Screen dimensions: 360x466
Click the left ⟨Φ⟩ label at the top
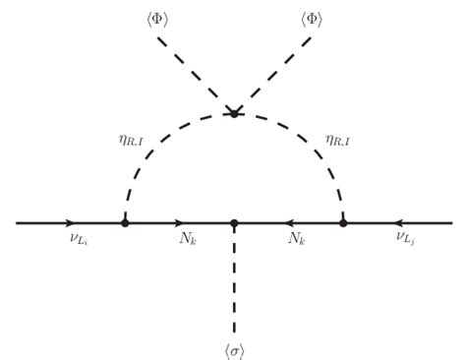(x=157, y=19)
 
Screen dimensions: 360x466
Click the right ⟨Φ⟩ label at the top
(x=311, y=19)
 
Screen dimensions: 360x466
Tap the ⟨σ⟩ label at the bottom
(x=234, y=349)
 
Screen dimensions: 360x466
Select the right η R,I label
(x=337, y=141)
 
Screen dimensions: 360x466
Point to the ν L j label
(x=406, y=238)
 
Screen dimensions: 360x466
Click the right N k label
(x=296, y=239)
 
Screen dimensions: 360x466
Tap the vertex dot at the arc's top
(x=234, y=113)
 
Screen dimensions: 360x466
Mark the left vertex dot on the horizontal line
(x=125, y=223)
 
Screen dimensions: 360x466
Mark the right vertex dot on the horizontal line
(x=343, y=223)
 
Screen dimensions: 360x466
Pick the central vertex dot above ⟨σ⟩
(x=234, y=223)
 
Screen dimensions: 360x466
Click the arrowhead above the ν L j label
(x=399, y=223)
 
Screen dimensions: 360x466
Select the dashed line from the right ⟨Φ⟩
(x=273, y=75)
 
